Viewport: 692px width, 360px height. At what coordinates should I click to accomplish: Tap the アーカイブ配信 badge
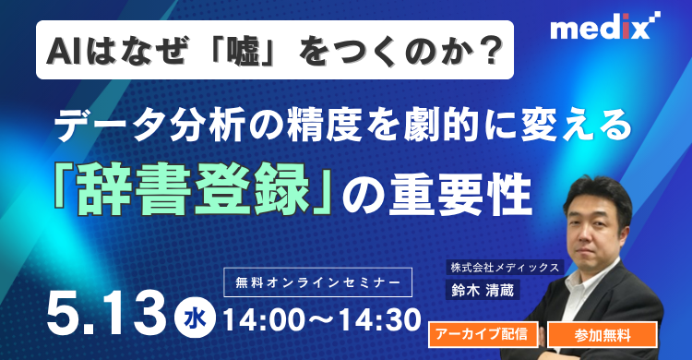coord(483,334)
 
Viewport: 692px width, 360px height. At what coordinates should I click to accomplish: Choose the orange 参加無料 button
coord(603,334)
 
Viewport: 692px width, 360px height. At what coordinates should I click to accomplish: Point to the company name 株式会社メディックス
coord(504,267)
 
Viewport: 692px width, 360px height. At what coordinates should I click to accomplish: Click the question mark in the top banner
coord(498,49)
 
